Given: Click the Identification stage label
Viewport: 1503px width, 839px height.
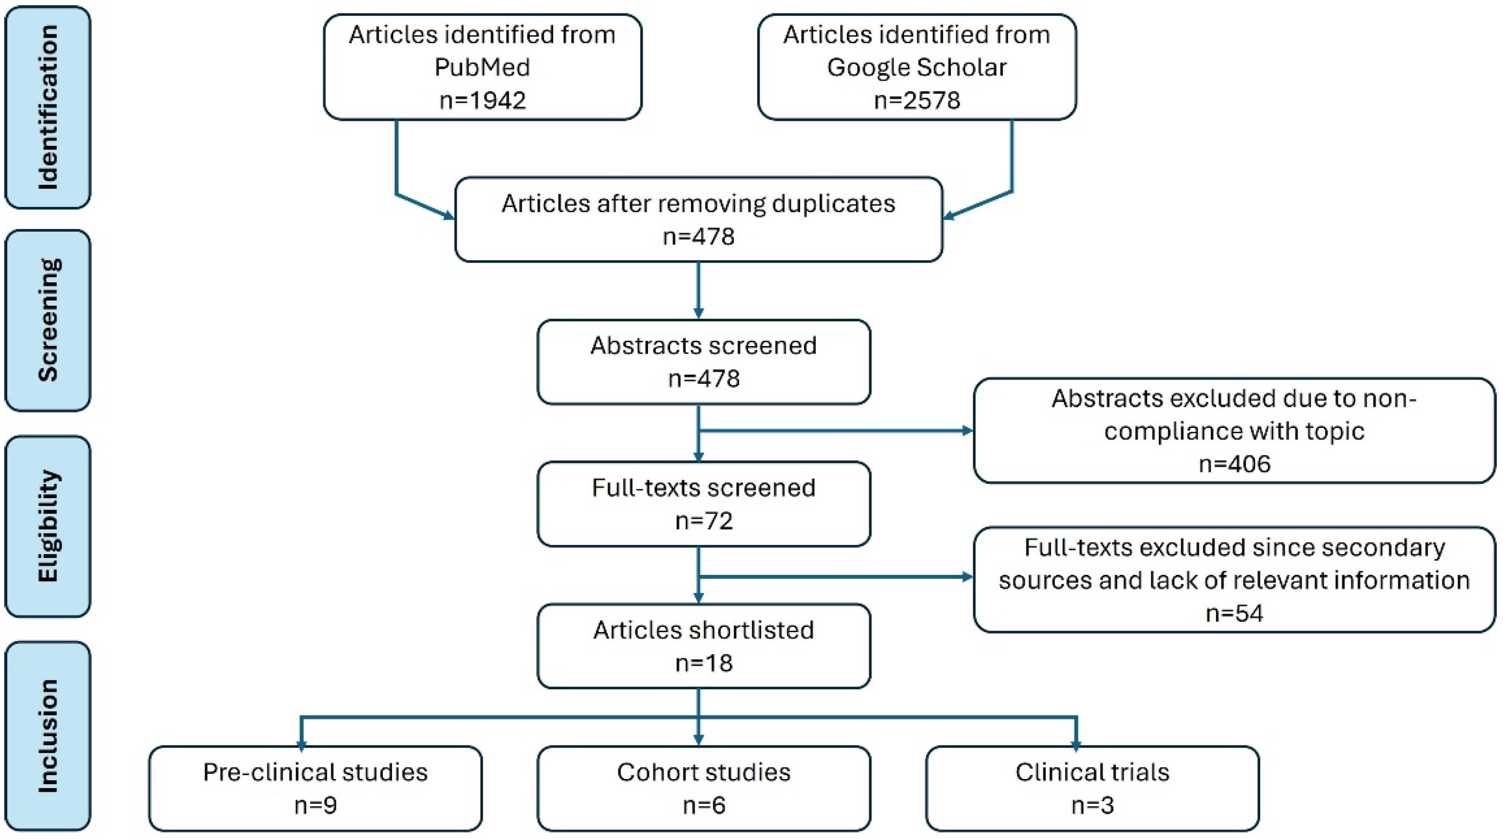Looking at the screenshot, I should click(48, 107).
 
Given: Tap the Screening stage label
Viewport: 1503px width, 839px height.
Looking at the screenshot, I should click(48, 320).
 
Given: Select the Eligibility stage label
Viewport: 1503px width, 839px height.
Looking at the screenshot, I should click(48, 526).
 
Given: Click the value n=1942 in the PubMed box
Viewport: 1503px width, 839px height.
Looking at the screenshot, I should click(483, 101).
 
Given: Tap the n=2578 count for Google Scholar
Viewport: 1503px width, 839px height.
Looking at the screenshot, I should click(916, 101).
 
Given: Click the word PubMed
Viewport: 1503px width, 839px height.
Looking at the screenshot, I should click(483, 67).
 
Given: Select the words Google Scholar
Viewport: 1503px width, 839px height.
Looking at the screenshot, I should click(916, 67).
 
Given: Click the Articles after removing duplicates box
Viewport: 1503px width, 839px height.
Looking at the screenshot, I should click(699, 219).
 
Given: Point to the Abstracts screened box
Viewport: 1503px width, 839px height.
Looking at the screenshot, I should click(704, 362).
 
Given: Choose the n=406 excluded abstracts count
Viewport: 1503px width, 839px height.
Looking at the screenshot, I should click(1235, 464).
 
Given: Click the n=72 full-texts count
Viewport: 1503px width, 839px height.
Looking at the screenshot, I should click(704, 521).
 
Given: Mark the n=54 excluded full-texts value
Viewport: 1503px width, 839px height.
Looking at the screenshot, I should click(1235, 613).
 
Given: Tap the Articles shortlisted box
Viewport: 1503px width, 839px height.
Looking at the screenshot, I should click(704, 646).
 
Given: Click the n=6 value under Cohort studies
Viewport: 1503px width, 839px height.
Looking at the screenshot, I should click(704, 805).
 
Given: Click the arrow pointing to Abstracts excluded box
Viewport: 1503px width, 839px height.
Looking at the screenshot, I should click(966, 430).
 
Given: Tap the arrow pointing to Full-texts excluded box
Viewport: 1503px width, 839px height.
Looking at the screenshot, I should click(966, 577).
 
